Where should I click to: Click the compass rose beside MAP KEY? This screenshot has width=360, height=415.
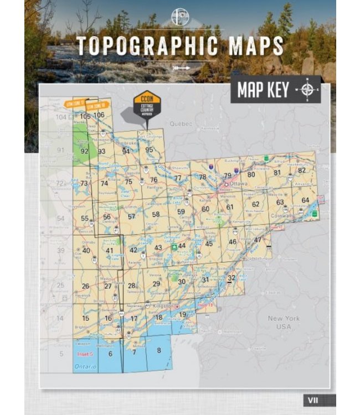(309, 90)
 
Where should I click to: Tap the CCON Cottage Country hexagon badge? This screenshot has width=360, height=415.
(147, 105)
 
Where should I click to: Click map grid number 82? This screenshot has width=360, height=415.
(302, 170)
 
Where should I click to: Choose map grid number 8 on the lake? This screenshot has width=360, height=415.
(159, 350)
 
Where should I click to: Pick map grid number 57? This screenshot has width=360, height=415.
(131, 216)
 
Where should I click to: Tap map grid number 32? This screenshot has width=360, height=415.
(232, 278)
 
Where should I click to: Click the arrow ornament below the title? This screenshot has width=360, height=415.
(181, 68)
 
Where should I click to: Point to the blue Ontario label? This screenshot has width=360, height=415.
(85, 367)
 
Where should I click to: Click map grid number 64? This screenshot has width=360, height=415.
(305, 200)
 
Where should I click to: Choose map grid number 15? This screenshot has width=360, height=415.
(85, 318)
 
